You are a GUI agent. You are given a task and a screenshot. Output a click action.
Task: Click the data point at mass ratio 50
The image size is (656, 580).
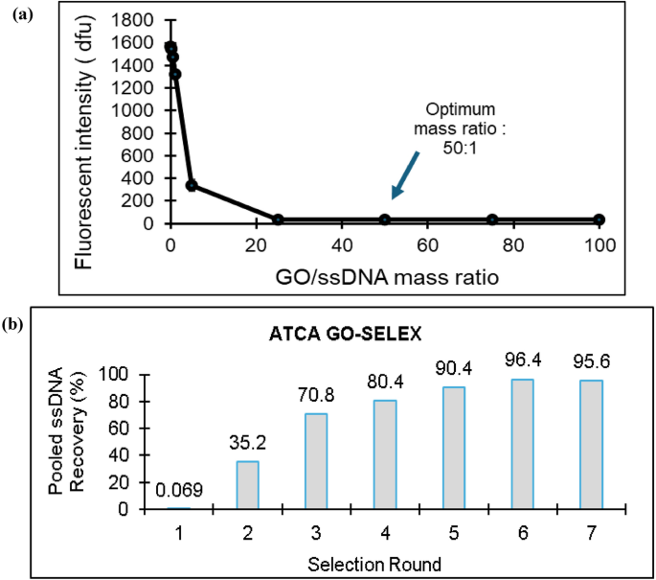[385, 220]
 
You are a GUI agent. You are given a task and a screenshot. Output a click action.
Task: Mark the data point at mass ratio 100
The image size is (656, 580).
[599, 220]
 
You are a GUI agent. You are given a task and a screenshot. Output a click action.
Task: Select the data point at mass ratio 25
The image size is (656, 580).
[278, 220]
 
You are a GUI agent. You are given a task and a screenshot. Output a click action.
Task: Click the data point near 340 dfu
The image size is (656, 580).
[192, 185]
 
